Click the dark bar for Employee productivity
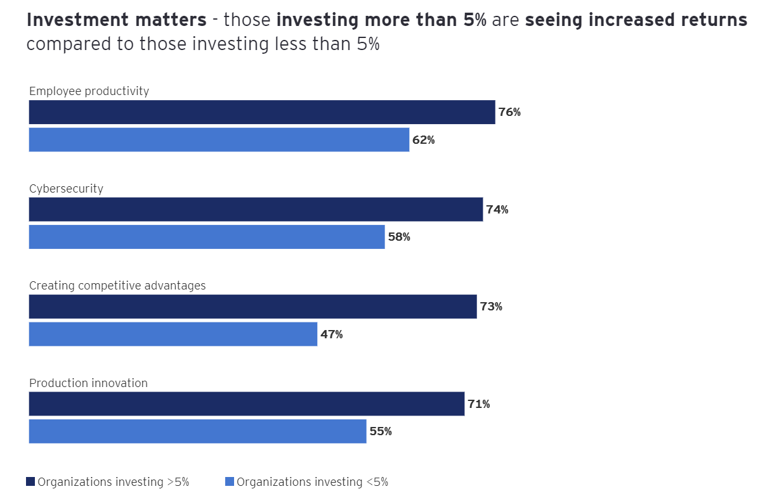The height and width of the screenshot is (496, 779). (261, 112)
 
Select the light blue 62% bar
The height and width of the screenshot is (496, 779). (219, 140)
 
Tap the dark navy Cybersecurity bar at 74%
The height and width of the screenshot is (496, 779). (256, 210)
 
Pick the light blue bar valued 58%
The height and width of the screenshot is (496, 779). (207, 237)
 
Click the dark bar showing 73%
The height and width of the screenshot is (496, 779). (252, 307)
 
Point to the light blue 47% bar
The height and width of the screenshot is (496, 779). (173, 334)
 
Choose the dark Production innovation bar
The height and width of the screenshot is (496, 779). (247, 404)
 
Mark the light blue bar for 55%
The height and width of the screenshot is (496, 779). (197, 431)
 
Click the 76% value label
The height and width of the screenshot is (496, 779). (509, 113)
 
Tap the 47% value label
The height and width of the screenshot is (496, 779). (331, 334)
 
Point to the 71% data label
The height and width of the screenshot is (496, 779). (478, 404)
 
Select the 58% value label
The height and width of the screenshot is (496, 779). (399, 238)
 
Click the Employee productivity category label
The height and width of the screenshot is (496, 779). (89, 91)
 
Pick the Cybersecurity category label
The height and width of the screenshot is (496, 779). (66, 189)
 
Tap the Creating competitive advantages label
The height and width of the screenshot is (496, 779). (117, 286)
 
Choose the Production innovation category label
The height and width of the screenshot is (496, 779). (88, 383)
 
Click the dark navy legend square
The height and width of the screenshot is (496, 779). (30, 482)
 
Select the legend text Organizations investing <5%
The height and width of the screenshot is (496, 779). (312, 482)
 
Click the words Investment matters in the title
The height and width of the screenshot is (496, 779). (117, 20)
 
